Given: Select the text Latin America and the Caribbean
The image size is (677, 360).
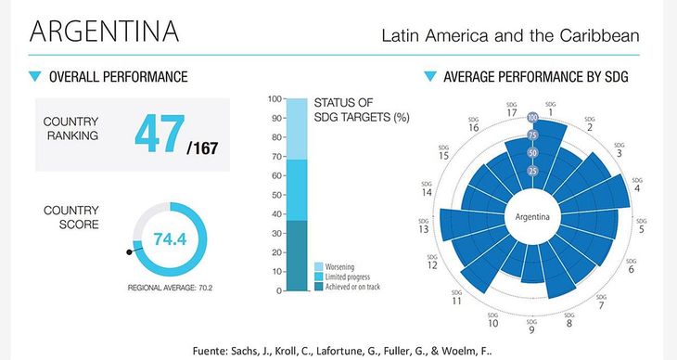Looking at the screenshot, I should click(510, 36).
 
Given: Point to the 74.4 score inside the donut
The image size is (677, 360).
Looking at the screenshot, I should click(170, 239).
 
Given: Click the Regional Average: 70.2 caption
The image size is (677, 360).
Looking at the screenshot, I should click(170, 288).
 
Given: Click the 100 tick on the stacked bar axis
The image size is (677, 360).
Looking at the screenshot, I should click(274, 98).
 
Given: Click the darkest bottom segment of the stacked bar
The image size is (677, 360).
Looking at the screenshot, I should click(296, 255).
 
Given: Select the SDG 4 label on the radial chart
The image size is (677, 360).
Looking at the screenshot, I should click(636, 186).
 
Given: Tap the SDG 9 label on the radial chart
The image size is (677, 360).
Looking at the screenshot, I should click(531, 327).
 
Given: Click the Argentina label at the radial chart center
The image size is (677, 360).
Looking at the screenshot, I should click(532, 219).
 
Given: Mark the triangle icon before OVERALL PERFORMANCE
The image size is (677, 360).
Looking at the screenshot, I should click(35, 76).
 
